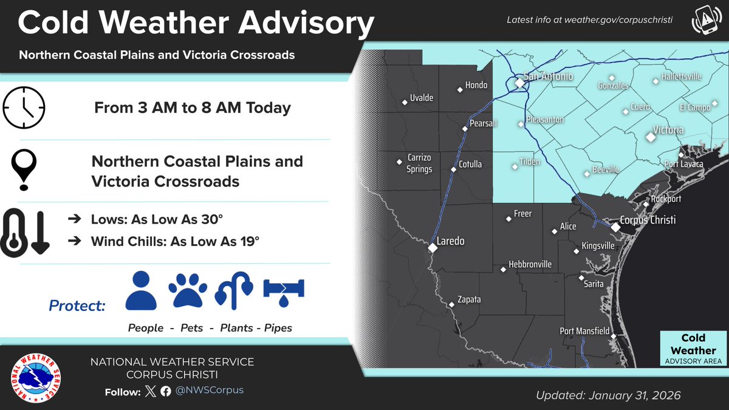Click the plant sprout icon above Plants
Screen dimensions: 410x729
[x=234, y=290]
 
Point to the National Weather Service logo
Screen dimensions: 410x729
[x=38, y=378]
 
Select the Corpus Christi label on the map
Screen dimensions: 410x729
[x=648, y=220]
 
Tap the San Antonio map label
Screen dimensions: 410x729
[x=548, y=77]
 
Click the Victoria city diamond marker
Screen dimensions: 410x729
[x=651, y=138]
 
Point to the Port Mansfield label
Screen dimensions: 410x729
[x=584, y=331]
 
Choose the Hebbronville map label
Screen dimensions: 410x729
[x=530, y=264]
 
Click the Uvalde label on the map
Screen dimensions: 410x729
[x=422, y=98]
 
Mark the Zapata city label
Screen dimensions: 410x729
[x=469, y=299]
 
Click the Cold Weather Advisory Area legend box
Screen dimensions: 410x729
[x=693, y=349]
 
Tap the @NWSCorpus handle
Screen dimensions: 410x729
[x=210, y=390]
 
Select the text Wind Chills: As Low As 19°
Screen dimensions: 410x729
[x=175, y=242]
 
